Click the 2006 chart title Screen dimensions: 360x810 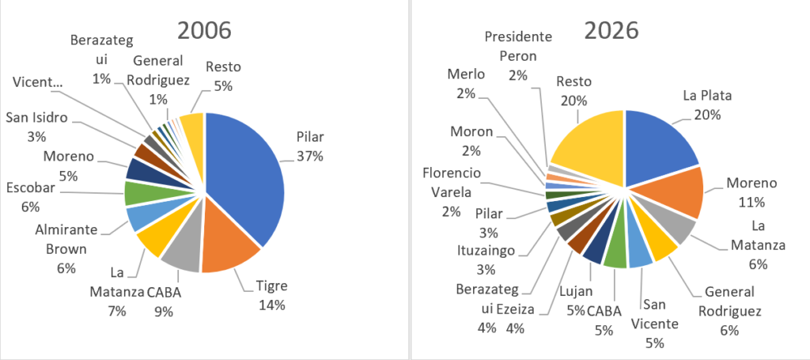pos(204,30)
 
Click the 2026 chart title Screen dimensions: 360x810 pos(612,30)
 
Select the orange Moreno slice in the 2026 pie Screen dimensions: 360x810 pos(676,199)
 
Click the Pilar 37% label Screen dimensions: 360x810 pos(309,147)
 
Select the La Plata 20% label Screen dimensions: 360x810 pos(707,104)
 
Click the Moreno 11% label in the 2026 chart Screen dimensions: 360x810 pos(751,192)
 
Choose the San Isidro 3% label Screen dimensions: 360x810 pos(36,127)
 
